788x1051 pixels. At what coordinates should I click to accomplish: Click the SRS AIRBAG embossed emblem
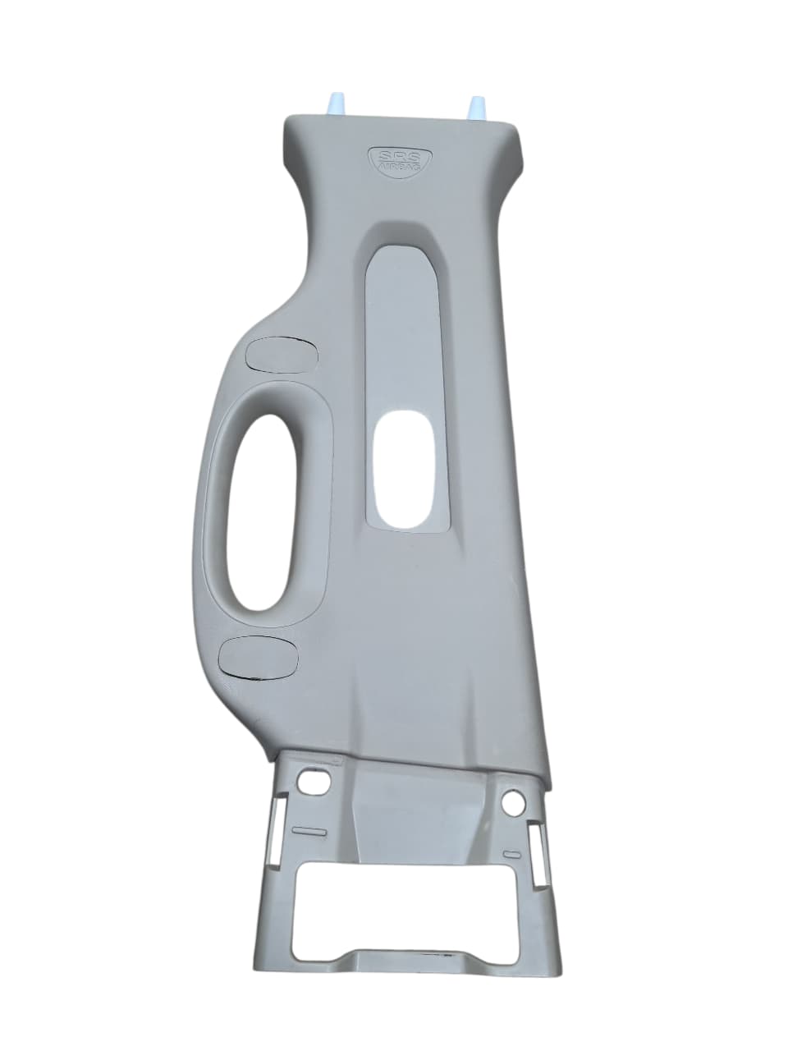pyautogui.click(x=400, y=159)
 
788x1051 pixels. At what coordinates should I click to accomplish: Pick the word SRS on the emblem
pyautogui.click(x=400, y=156)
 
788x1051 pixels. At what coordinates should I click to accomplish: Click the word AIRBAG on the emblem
pyautogui.click(x=400, y=167)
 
